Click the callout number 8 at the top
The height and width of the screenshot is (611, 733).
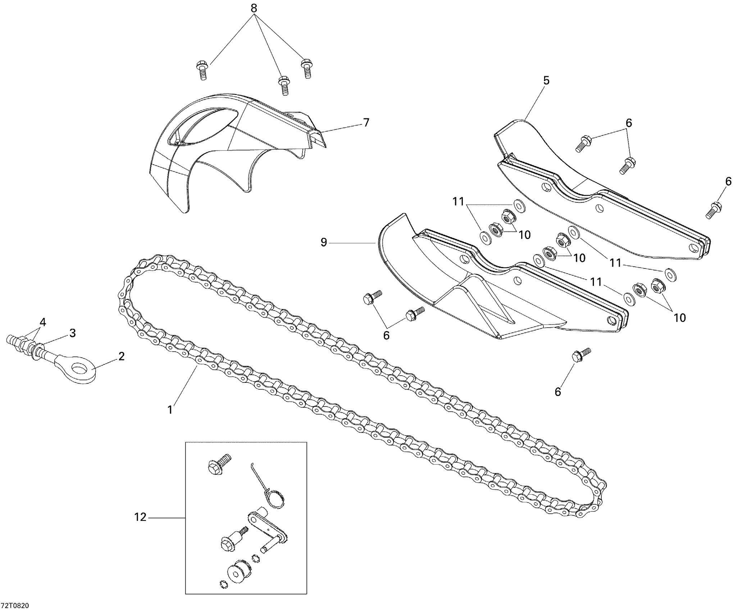[x=254, y=9]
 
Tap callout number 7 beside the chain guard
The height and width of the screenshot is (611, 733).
[x=366, y=123]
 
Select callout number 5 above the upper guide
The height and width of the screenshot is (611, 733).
[x=546, y=81]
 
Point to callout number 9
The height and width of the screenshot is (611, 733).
[x=324, y=243]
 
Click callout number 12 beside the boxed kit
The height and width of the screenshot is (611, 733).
[x=140, y=518]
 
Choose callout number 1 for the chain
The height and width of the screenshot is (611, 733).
[x=170, y=409]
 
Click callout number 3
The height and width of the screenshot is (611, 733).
[x=73, y=333]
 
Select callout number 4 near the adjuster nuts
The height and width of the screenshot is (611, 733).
[x=43, y=322]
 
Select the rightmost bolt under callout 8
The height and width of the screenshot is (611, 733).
[x=306, y=69]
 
